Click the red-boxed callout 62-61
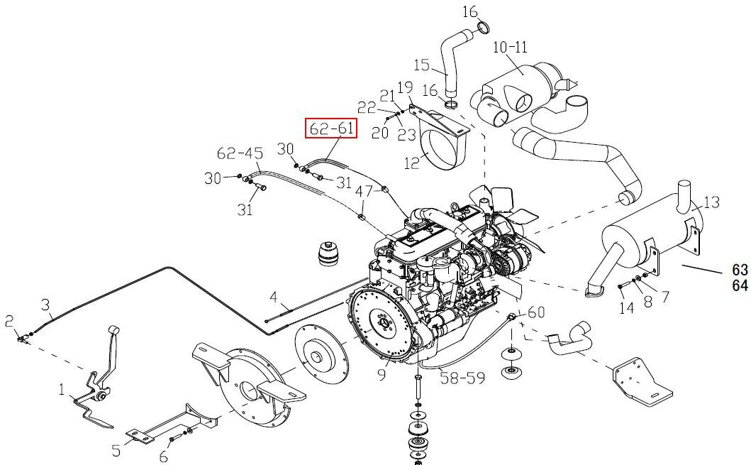pos(331,128)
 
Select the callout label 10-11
pos(510,47)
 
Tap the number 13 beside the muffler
pos(712,202)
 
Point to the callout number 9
pos(382,374)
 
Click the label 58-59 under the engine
pos(462,377)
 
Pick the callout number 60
pos(536,312)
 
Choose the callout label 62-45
pos(240,153)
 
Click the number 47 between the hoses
pos(364,191)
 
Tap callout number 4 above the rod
pos(274,297)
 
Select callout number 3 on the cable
pos(45,305)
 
